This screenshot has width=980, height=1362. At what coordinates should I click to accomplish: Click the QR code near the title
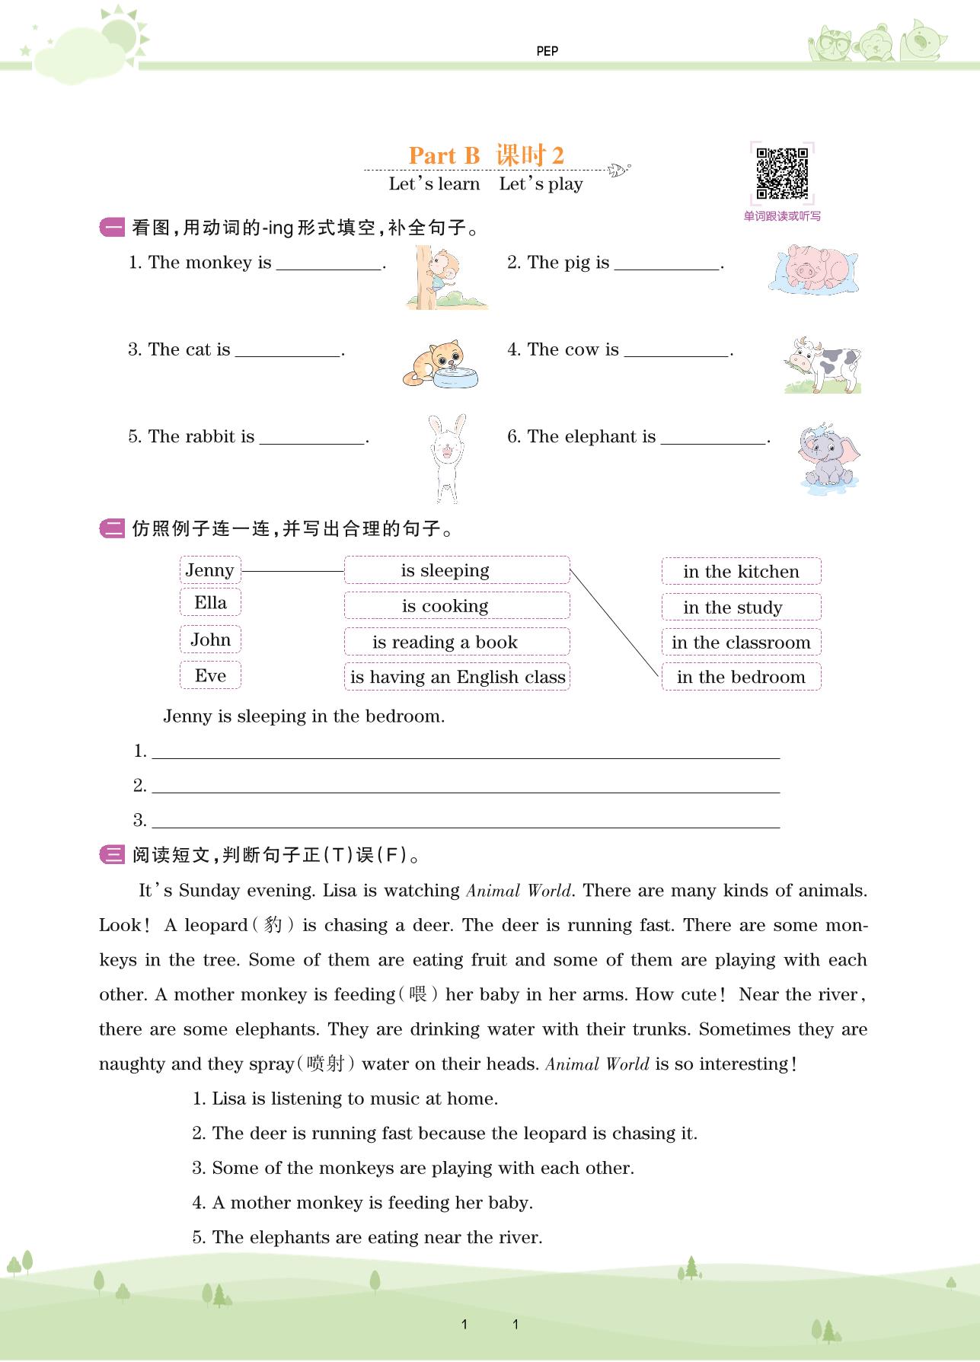pos(782,174)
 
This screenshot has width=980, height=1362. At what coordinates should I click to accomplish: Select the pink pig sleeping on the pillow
pos(813,268)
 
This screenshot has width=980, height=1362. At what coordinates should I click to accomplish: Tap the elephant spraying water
pos(828,457)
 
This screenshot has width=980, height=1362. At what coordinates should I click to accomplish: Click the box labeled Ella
pos(210,603)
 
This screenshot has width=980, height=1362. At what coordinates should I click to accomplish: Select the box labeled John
pos(210,640)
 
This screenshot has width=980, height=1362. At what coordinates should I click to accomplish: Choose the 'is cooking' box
pos(457,606)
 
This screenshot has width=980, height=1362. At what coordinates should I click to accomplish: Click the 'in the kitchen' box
pos(741,572)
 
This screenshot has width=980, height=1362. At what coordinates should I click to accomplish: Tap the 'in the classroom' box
pos(741,643)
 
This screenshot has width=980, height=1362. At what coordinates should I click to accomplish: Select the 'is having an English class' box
pos(457,677)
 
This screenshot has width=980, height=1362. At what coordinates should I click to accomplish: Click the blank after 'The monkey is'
pos(329,263)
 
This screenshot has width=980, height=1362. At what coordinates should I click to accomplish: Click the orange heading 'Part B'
pos(445,156)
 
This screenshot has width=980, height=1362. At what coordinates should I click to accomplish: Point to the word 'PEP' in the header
pos(547,51)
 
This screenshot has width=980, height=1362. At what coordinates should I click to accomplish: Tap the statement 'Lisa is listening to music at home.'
pos(355,1099)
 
